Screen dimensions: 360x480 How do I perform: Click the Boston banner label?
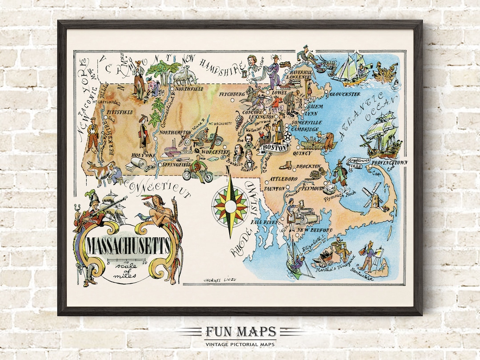click(274, 148)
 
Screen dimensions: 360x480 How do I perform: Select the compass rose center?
click(230, 205)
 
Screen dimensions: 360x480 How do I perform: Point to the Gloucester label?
click(345, 94)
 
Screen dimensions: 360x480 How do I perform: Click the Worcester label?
click(216, 152)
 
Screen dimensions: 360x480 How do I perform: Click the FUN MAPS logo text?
click(240, 332)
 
